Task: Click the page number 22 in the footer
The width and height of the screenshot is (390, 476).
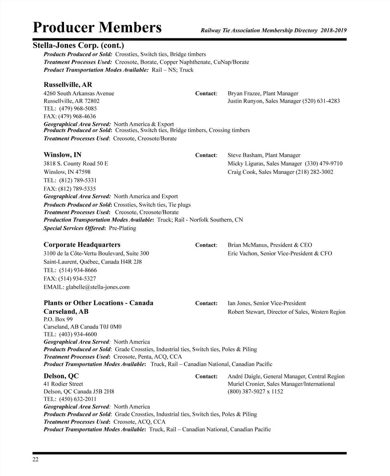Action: pyautogui.click(x=35, y=459)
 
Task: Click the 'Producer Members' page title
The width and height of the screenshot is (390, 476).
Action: pyautogui.click(x=97, y=28)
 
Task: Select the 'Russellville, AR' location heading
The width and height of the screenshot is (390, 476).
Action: pyautogui.click(x=68, y=85)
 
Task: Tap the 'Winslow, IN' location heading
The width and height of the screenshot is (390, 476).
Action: pyautogui.click(x=62, y=155)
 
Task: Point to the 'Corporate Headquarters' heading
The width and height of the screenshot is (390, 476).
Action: pyautogui.click(x=82, y=245)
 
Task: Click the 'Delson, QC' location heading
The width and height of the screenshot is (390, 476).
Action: pyautogui.click(x=61, y=376)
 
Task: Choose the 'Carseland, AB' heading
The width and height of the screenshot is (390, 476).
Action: pyautogui.click(x=66, y=311)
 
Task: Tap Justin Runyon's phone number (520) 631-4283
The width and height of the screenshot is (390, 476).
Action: pyautogui.click(x=321, y=101)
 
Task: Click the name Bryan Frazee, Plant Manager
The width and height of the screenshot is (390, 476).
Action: pyautogui.click(x=263, y=93)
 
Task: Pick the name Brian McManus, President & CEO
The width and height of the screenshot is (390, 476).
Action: pyautogui.click(x=270, y=245)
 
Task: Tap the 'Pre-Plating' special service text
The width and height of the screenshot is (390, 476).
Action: pyautogui.click(x=123, y=228)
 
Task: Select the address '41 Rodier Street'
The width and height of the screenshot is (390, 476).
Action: pyautogui.click(x=63, y=384)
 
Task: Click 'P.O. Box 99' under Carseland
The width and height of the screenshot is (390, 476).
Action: pyautogui.click(x=58, y=319)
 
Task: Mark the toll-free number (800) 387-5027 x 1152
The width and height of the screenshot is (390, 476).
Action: pyautogui.click(x=255, y=391)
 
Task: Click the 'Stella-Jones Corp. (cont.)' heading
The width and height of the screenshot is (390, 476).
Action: pyautogui.click(x=78, y=45)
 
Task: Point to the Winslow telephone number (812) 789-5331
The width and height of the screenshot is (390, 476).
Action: pyautogui.click(x=78, y=180)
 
